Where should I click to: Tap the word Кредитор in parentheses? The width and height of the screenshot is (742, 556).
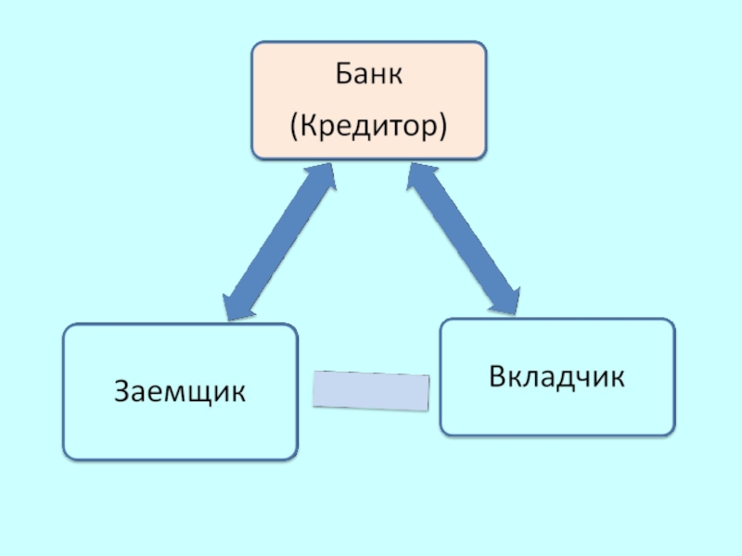tap(368, 125)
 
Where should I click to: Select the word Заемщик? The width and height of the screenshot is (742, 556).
tap(181, 391)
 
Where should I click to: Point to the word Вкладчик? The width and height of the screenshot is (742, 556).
tap(556, 377)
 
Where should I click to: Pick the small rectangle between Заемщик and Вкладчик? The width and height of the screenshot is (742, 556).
tap(371, 389)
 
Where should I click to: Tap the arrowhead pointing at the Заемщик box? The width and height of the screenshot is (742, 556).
tap(233, 307)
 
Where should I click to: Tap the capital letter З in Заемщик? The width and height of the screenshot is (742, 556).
tap(122, 391)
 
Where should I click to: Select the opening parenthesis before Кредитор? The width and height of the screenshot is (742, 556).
tap(294, 126)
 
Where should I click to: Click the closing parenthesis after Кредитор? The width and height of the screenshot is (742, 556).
tap(442, 126)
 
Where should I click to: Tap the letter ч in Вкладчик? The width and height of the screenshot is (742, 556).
tap(588, 378)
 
